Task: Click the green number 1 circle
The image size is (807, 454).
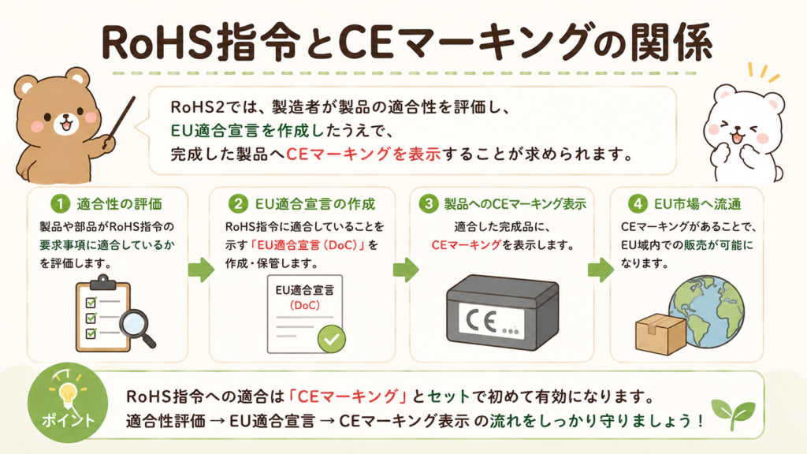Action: coord(60,204)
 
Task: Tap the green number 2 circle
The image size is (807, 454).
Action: coord(238,204)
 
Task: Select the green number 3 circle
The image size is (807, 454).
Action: coord(428,204)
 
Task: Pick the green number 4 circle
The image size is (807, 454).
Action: coord(637,204)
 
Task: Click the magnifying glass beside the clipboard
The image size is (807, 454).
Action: coord(136,329)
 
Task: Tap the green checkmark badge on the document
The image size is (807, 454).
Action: coord(332,339)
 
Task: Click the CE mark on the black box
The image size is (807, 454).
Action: coord(481,321)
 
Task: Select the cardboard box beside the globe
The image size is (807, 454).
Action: coord(661,334)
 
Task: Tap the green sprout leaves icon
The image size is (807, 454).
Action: coord(733,413)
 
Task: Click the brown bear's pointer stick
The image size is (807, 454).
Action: coord(120,122)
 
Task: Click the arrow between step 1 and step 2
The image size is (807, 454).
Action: coord(201,270)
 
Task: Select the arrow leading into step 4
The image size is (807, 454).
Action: coord(601,270)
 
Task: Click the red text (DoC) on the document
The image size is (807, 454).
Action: coord(304,306)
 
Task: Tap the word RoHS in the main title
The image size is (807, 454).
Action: coord(157,43)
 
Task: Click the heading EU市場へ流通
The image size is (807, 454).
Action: coord(697,204)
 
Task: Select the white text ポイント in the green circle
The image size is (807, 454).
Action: coord(68,420)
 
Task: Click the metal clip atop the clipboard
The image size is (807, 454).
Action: coord(103,282)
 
